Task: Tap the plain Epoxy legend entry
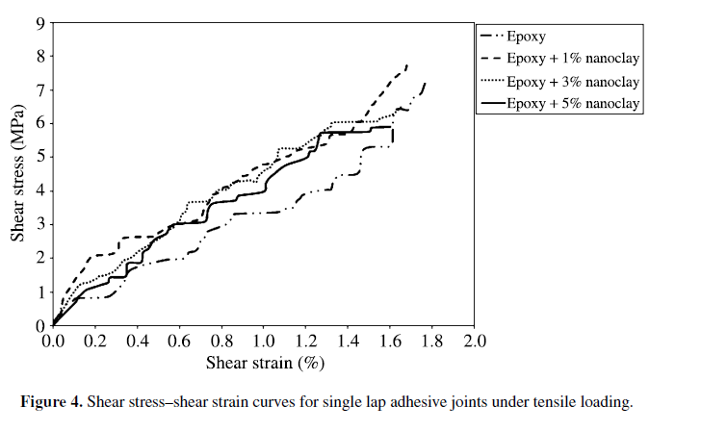527,38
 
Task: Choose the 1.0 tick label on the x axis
263,341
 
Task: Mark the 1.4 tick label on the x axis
348,341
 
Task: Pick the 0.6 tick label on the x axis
179,341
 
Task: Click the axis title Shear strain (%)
263,363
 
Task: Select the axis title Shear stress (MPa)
17,173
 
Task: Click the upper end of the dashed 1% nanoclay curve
407,65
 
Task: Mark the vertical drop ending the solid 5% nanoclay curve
393,135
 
